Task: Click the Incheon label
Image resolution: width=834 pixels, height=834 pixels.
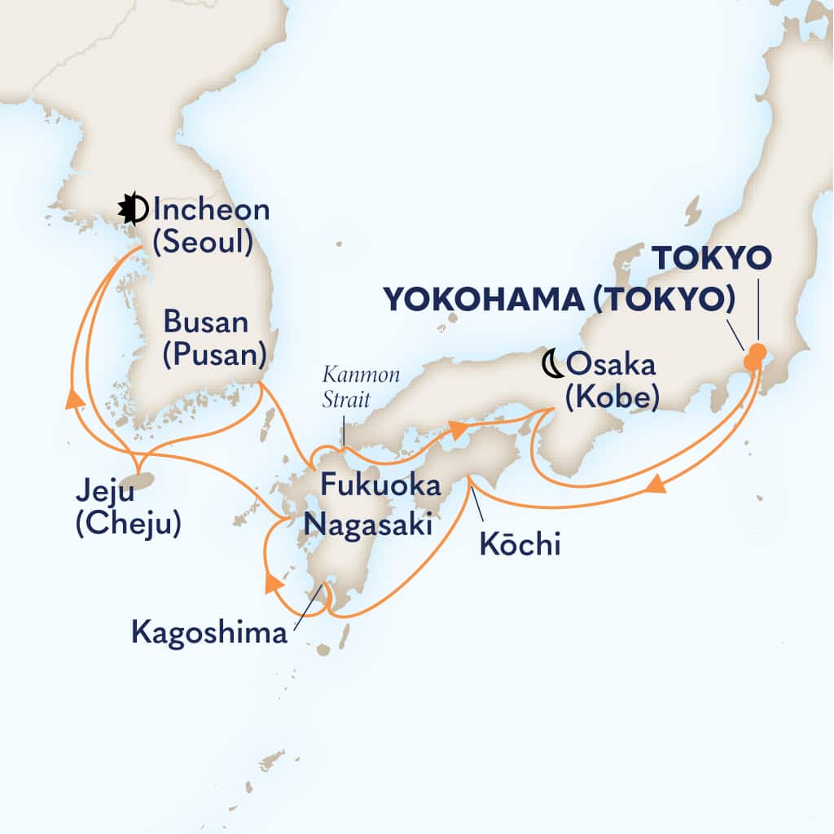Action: pos(210,210)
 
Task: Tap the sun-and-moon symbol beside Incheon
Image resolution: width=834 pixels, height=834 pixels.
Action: pos(134,210)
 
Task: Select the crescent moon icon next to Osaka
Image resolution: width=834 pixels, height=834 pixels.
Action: pos(554,364)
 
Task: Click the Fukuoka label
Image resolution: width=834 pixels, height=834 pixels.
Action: pos(380,485)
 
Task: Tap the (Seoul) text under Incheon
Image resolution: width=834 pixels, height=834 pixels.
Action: pos(201,243)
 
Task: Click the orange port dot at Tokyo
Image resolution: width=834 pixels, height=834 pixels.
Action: pos(757,356)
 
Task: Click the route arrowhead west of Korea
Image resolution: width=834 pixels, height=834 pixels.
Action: pos(75,398)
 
